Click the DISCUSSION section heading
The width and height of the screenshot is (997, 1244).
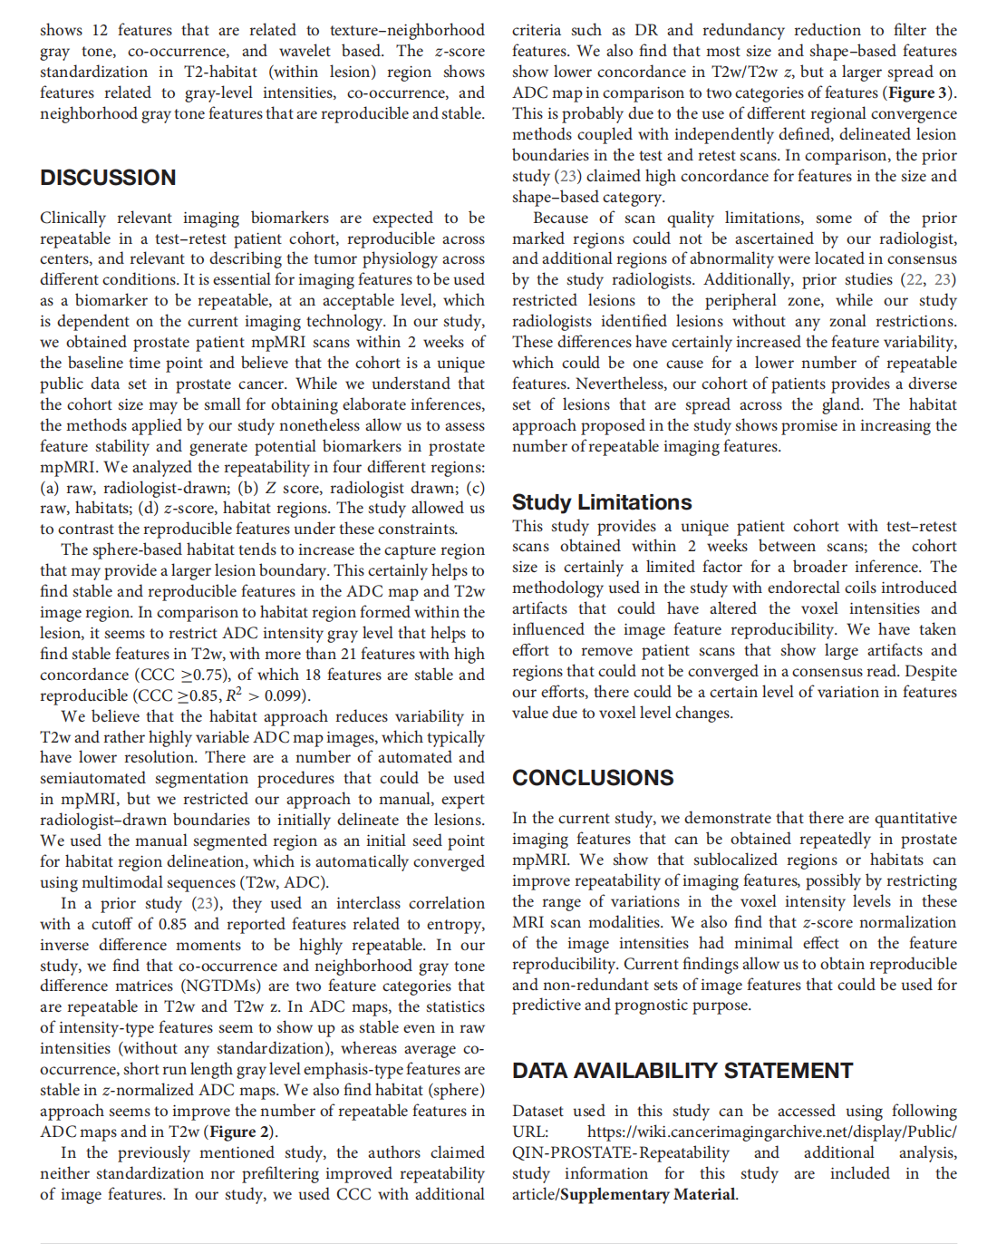[108, 178]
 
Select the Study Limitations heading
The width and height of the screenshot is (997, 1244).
[602, 502]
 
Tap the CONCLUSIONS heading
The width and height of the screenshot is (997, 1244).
[593, 778]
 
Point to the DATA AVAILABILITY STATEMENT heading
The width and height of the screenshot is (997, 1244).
[682, 1071]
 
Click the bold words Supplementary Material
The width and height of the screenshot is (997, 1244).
[648, 1194]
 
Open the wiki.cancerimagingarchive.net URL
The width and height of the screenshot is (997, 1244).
[771, 1132]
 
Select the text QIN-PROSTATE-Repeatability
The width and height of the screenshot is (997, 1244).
[621, 1152]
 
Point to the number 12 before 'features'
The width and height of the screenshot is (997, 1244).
[100, 30]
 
